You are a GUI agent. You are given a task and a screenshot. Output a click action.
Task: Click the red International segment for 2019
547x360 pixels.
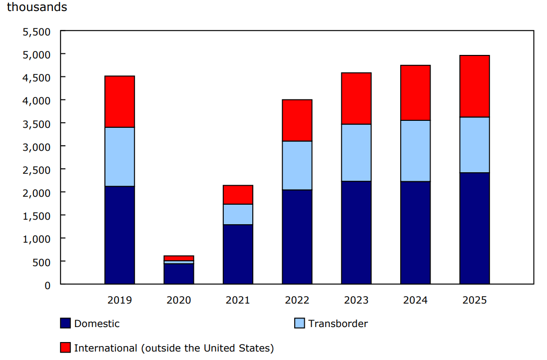(x=119, y=102)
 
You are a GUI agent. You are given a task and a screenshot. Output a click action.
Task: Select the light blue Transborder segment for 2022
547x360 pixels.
(x=297, y=165)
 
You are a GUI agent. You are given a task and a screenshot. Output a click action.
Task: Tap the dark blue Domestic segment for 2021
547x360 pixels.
(x=238, y=254)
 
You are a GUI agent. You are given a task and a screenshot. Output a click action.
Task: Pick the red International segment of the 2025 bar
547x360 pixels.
(x=475, y=86)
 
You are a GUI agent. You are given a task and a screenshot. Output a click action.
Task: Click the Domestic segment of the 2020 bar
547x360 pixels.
(x=179, y=274)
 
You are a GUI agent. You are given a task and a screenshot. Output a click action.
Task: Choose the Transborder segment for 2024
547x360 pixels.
(x=415, y=151)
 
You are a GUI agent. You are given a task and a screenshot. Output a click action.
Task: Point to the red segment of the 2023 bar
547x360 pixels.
(x=356, y=98)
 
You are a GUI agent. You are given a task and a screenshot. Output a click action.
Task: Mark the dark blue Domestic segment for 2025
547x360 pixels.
(x=475, y=228)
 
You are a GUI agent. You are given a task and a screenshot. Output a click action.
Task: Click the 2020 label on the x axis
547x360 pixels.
(x=179, y=300)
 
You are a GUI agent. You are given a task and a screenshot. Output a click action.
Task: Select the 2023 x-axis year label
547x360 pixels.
(x=356, y=300)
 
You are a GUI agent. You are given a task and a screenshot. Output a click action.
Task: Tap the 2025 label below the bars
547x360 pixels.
(x=475, y=300)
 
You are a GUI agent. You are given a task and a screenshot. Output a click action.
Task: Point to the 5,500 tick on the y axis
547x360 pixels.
(x=36, y=32)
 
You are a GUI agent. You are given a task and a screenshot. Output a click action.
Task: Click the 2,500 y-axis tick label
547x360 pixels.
(x=36, y=170)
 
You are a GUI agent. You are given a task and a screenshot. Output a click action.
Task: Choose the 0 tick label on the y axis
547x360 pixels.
(x=47, y=285)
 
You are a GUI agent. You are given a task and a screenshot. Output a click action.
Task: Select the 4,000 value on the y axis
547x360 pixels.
(x=36, y=101)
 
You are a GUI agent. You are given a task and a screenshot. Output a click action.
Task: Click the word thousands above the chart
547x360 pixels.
(x=36, y=7)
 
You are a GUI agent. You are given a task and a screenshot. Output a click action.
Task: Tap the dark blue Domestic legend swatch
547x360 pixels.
(x=65, y=324)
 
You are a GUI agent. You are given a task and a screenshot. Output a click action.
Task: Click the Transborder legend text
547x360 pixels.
(x=338, y=324)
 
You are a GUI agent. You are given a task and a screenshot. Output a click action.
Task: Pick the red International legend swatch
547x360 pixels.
(x=65, y=348)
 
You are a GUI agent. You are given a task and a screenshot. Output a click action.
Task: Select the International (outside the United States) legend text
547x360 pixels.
(x=174, y=348)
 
